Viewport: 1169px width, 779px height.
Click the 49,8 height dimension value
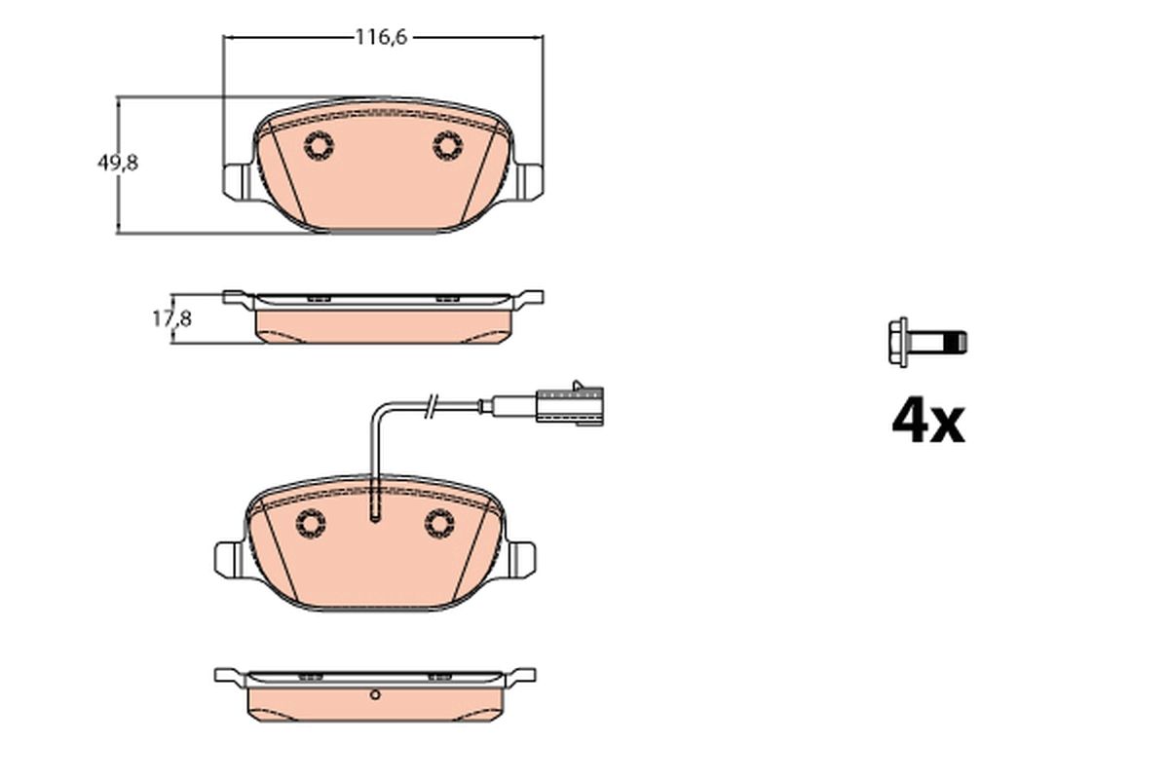tap(117, 164)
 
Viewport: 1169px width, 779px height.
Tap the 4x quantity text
tap(927, 421)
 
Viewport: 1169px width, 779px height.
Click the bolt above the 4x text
tap(927, 343)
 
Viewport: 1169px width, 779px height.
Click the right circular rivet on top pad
tap(447, 146)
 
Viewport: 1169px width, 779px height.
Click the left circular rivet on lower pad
tap(311, 524)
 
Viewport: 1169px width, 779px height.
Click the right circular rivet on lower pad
tap(439, 524)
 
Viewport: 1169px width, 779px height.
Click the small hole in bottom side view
tap(375, 695)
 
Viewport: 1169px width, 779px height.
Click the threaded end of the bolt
tap(959, 343)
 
